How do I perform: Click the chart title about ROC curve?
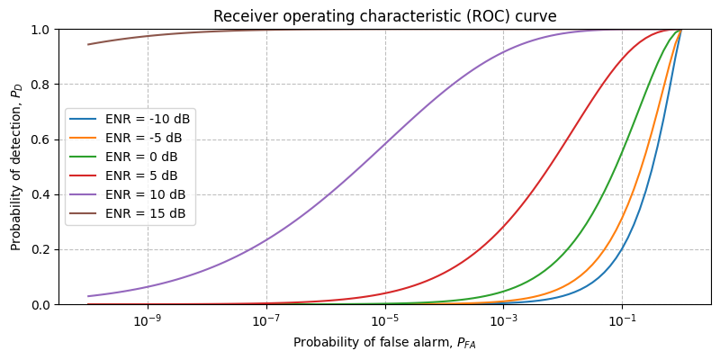tap(384, 16)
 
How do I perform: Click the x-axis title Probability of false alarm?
tap(384, 343)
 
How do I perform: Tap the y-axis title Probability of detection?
tap(16, 167)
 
